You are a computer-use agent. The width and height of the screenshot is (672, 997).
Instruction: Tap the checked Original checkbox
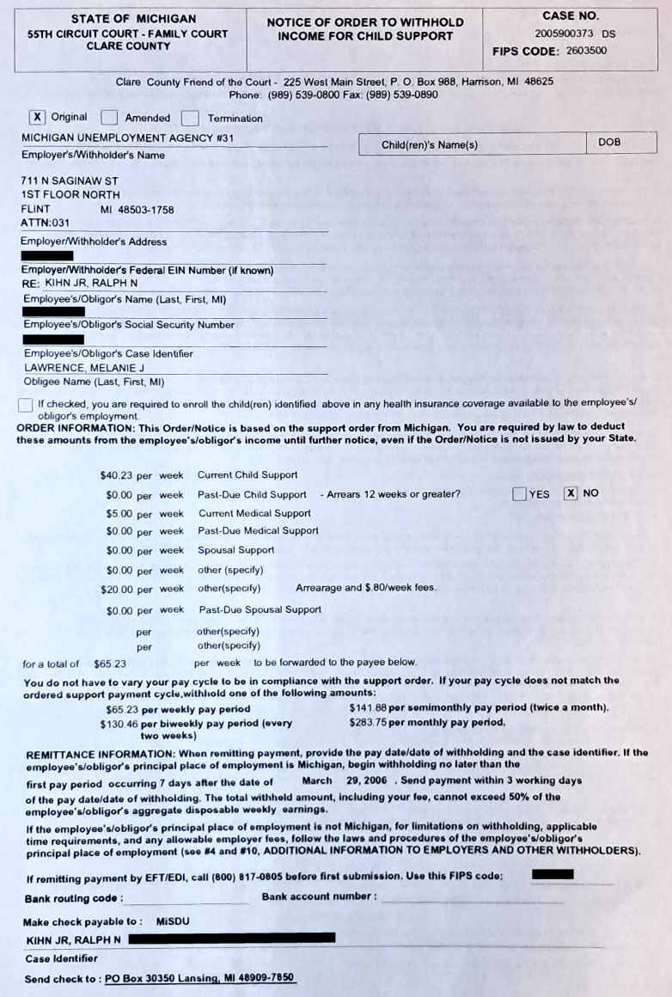pyautogui.click(x=37, y=118)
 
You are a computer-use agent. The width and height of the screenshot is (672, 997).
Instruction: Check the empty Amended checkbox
pyautogui.click(x=109, y=118)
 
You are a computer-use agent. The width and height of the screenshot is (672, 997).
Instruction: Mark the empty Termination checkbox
pyautogui.click(x=191, y=118)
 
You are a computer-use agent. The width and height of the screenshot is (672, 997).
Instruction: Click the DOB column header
pyautogui.click(x=609, y=143)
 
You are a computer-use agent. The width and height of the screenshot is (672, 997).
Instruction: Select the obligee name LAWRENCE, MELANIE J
pyautogui.click(x=83, y=368)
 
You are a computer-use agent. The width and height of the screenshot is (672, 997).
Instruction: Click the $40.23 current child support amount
pyautogui.click(x=116, y=475)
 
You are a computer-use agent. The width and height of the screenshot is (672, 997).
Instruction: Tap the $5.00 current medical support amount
pyautogui.click(x=119, y=513)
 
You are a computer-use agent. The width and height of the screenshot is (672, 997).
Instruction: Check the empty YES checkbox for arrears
pyautogui.click(x=519, y=494)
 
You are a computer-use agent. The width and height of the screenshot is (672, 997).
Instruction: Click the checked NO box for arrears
pyautogui.click(x=571, y=494)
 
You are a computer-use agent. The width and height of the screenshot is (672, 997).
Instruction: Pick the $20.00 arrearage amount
pyautogui.click(x=116, y=589)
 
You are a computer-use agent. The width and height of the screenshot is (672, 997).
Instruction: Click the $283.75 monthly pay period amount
pyautogui.click(x=369, y=723)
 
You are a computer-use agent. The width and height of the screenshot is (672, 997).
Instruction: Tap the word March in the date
pyautogui.click(x=317, y=781)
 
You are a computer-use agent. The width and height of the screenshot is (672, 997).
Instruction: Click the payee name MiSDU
pyautogui.click(x=173, y=921)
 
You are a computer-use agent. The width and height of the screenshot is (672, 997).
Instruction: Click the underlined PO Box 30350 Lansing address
pyautogui.click(x=199, y=978)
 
